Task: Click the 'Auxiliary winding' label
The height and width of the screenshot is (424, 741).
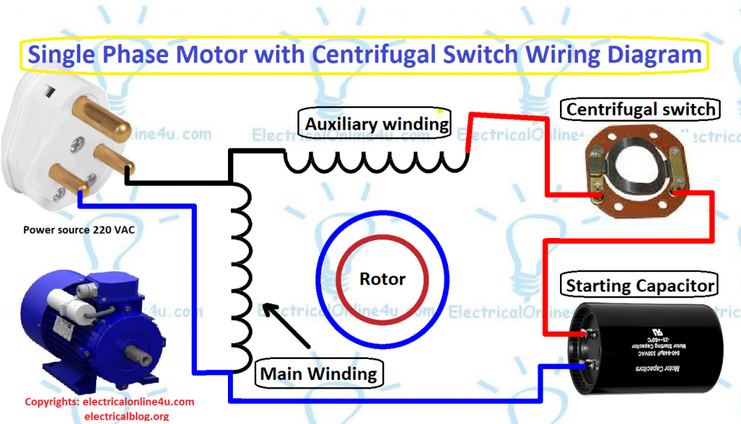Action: (x=376, y=124)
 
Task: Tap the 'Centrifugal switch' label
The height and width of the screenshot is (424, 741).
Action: (x=640, y=109)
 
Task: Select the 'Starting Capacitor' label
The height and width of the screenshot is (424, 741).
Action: (x=640, y=285)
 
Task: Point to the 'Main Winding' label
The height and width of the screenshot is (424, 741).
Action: (x=318, y=373)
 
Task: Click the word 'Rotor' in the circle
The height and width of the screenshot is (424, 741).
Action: (x=382, y=279)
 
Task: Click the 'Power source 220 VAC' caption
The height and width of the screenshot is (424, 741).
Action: (x=79, y=230)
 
